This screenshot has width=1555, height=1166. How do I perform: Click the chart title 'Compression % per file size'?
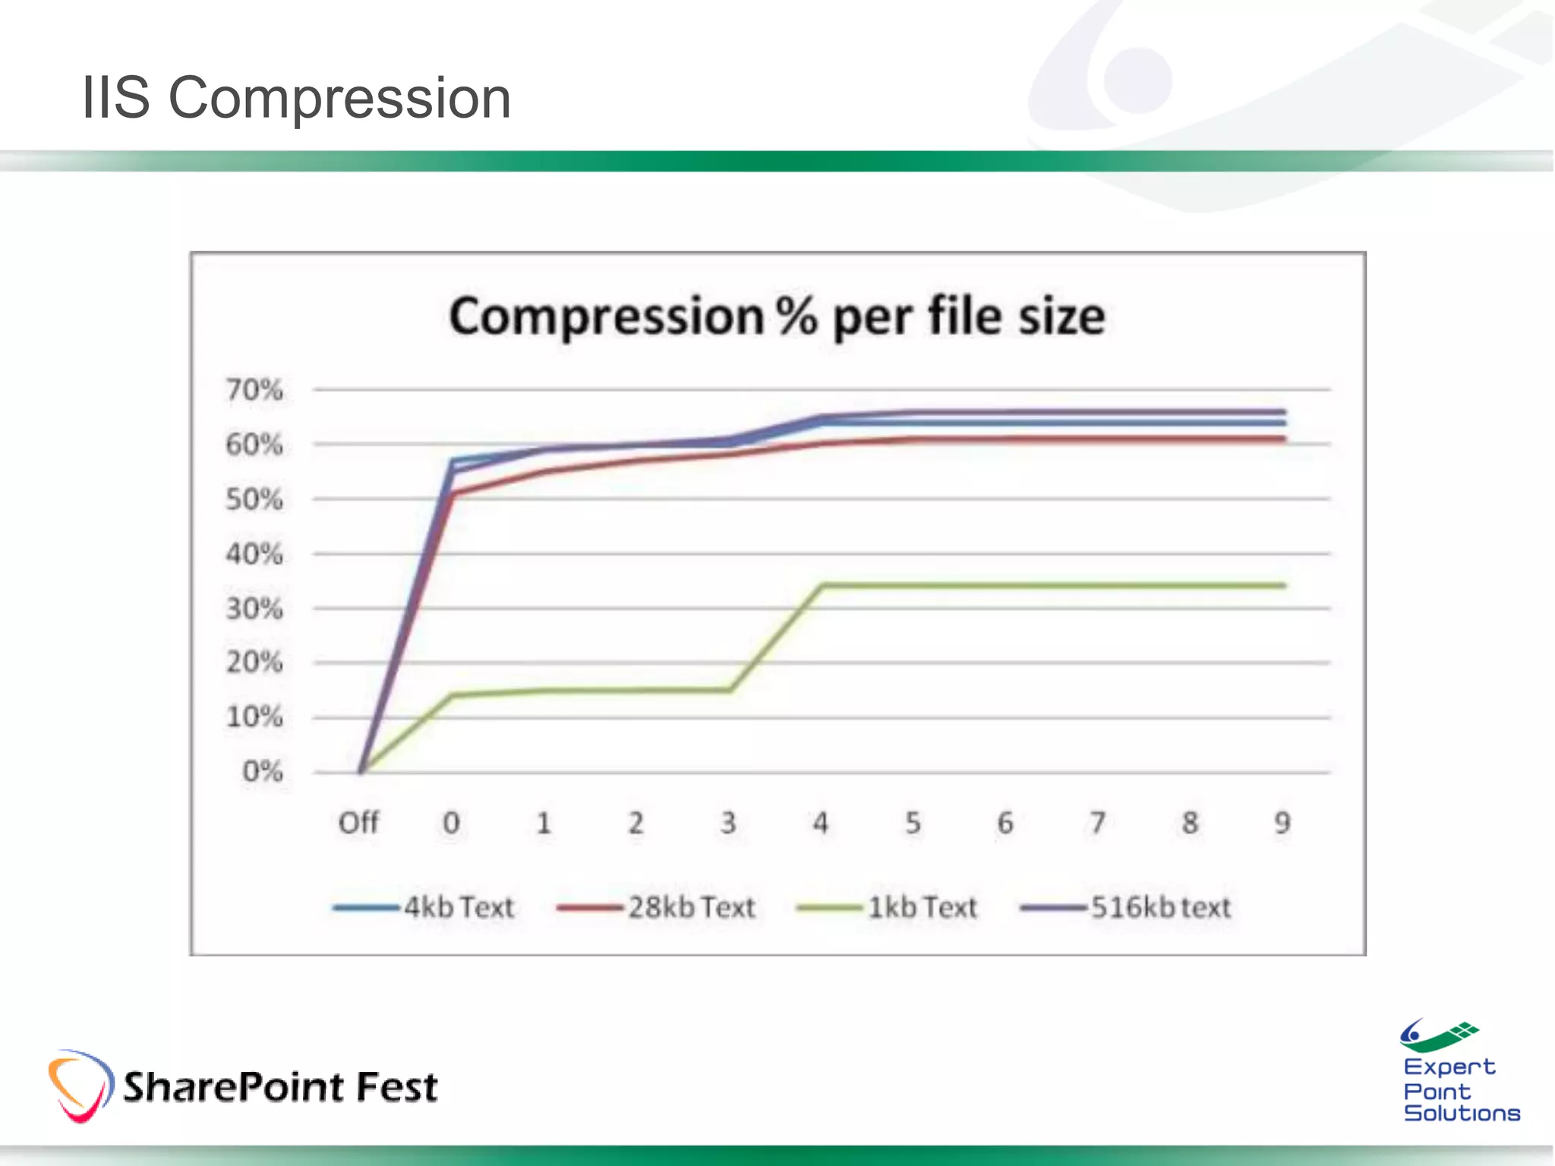(777, 317)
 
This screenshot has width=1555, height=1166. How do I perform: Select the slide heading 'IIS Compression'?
(296, 98)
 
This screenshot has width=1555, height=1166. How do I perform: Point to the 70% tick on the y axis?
(254, 390)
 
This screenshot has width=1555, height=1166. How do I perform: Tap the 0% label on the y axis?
(262, 772)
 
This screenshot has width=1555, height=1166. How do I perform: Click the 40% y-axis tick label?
(254, 554)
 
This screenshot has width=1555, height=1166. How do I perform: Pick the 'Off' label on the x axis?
(358, 823)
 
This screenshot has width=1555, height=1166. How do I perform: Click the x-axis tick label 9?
(1282, 823)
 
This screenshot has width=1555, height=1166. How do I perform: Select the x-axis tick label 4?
(821, 823)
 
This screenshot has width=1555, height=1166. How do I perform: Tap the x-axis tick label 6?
(1005, 823)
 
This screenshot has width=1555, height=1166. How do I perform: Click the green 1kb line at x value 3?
(729, 689)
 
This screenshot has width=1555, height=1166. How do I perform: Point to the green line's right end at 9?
(1282, 585)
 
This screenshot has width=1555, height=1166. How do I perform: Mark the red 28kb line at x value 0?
(453, 493)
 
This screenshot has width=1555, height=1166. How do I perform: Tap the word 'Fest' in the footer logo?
(396, 1086)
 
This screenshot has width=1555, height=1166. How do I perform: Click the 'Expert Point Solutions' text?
(1460, 1090)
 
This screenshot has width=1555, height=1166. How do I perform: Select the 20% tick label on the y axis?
(254, 663)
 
